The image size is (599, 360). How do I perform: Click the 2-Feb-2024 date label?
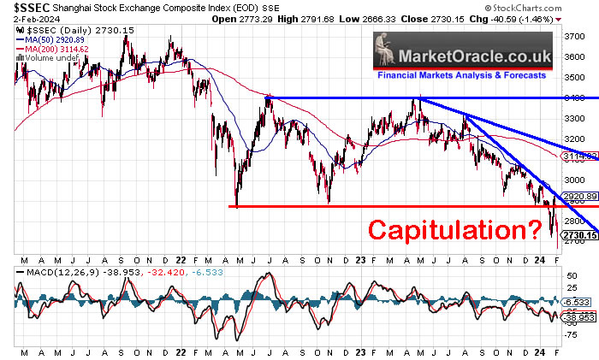(x=25, y=18)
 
